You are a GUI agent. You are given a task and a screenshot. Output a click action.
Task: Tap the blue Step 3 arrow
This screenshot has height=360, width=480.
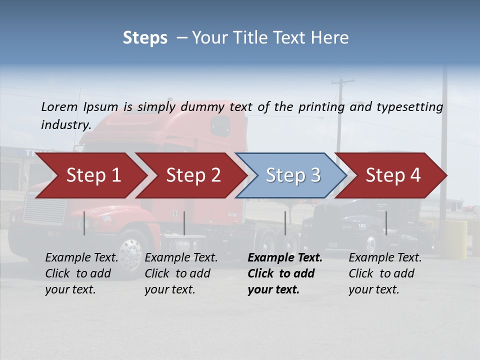click(293, 175)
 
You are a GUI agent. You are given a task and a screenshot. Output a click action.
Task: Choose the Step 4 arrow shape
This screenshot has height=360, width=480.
click(393, 175)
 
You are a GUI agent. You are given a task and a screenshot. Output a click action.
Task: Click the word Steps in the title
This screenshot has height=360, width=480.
click(145, 37)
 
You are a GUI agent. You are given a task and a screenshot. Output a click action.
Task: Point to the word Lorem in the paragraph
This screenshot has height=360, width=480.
click(59, 106)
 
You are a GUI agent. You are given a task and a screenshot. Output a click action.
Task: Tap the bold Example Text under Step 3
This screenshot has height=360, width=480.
click(285, 258)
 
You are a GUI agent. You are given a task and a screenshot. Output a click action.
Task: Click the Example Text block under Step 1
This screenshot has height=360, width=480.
click(81, 273)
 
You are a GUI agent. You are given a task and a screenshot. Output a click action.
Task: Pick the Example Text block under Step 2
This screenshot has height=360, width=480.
click(181, 273)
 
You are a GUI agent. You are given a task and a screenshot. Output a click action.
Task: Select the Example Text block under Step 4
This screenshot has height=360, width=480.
click(385, 273)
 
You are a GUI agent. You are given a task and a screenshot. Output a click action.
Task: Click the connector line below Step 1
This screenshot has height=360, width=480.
click(84, 223)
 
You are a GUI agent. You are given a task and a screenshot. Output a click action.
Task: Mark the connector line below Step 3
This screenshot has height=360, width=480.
click(285, 223)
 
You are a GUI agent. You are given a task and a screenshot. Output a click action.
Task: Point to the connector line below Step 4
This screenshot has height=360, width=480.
click(386, 223)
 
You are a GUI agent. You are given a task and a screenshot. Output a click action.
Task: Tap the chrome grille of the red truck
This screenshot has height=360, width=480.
click(45, 210)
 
